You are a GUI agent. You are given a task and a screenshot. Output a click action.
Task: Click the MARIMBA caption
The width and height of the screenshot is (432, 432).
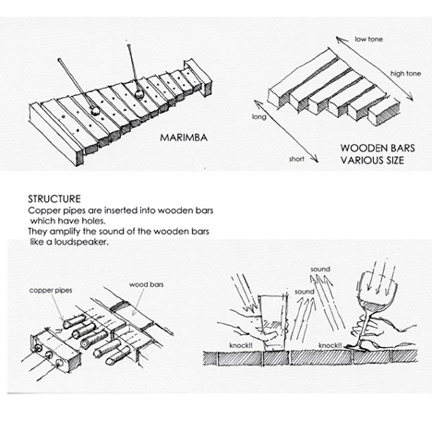click(x=184, y=138)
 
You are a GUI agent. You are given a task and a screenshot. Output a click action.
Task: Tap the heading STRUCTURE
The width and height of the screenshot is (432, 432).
click(x=54, y=198)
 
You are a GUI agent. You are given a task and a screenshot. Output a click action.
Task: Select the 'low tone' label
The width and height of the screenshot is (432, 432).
click(x=368, y=39)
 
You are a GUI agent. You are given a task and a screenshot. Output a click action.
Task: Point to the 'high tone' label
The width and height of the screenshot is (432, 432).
click(x=405, y=74)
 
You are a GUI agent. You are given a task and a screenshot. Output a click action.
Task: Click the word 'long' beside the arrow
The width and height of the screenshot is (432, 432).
click(x=259, y=117)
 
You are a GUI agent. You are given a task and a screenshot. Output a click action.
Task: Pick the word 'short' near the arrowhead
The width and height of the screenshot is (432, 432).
click(x=296, y=159)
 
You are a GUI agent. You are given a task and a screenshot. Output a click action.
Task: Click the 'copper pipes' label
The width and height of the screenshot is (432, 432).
click(x=51, y=291)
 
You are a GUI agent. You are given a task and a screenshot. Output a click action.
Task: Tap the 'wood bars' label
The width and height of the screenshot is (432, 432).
click(x=146, y=284)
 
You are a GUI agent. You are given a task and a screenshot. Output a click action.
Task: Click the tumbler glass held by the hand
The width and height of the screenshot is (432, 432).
click(x=272, y=322)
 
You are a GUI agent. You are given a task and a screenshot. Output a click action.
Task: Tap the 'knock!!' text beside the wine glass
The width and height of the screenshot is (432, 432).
click(x=330, y=345)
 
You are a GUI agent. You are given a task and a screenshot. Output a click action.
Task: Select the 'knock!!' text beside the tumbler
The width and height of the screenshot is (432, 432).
click(x=241, y=345)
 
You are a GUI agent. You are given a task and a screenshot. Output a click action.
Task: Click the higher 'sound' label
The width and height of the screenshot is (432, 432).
click(x=320, y=269)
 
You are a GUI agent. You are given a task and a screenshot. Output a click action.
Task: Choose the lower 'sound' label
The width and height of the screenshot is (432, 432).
click(x=305, y=292)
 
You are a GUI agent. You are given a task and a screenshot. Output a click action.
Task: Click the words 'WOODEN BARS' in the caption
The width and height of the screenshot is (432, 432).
click(x=378, y=148)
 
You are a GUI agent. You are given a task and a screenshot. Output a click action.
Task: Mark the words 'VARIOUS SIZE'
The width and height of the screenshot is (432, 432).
click(x=372, y=161)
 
